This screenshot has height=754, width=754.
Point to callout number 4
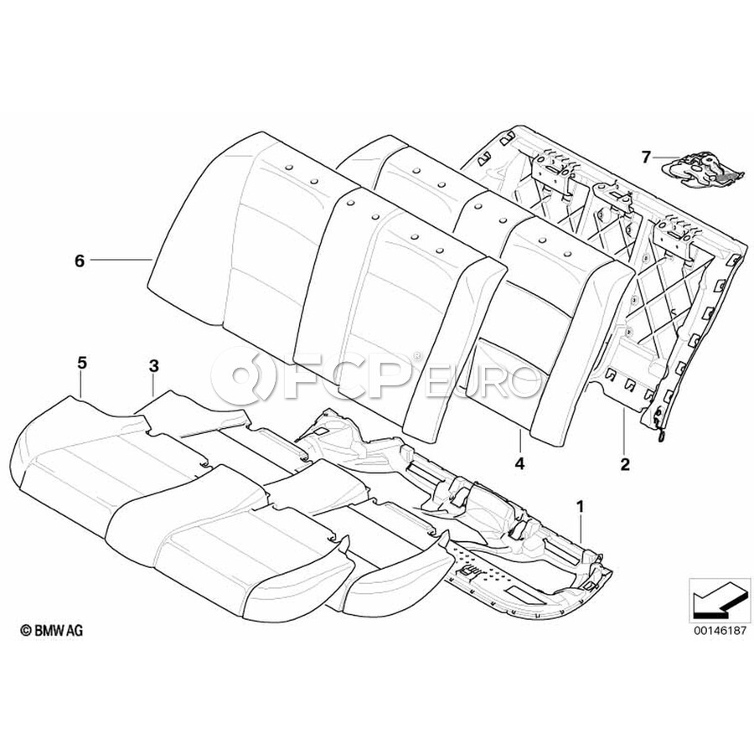[519, 462]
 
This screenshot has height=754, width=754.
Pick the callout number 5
[81, 364]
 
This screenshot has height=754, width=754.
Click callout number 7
[646, 156]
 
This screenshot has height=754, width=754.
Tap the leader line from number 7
[667, 157]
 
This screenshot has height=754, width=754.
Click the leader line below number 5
[81, 385]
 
